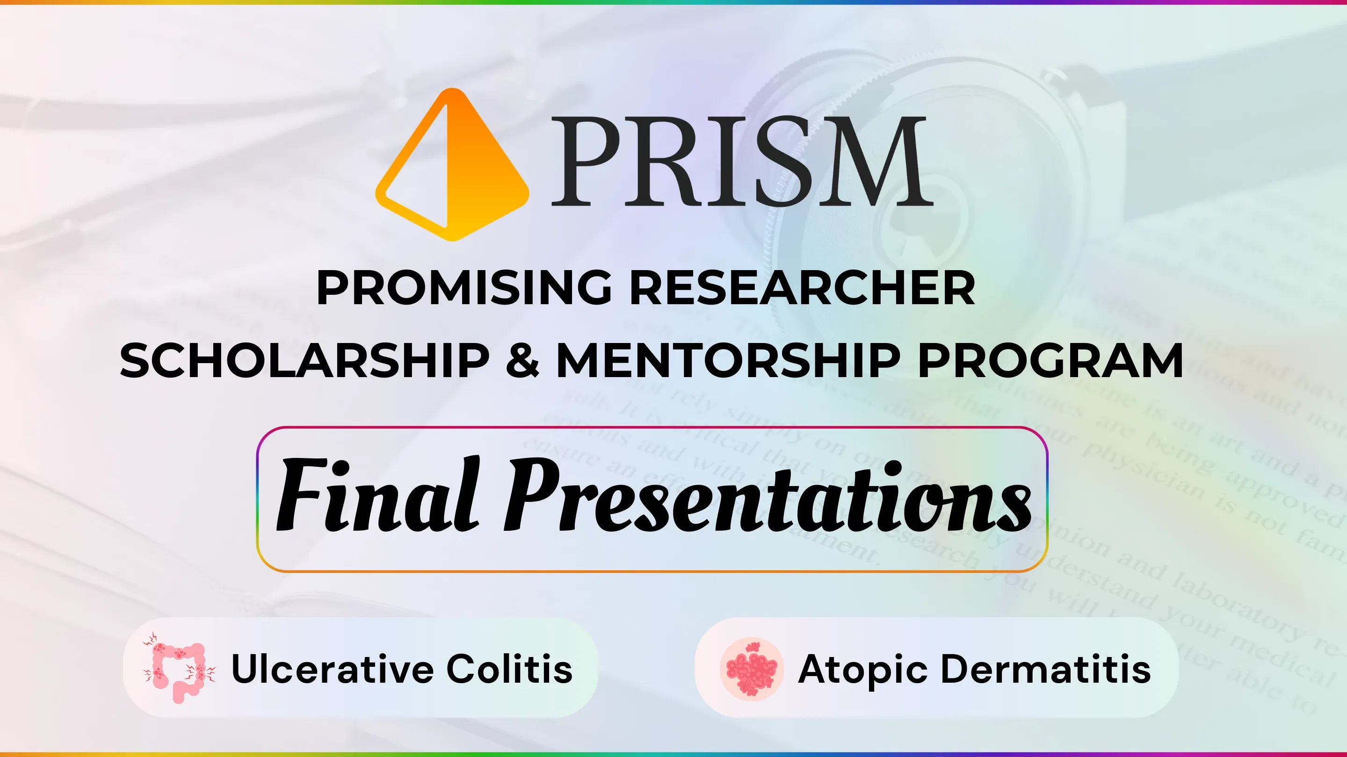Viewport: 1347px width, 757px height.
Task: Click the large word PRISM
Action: click(741, 161)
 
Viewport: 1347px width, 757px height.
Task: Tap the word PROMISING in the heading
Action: click(464, 288)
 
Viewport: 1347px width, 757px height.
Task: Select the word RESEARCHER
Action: click(802, 288)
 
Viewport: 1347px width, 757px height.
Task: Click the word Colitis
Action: click(509, 669)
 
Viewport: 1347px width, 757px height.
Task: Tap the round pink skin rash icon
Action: click(752, 669)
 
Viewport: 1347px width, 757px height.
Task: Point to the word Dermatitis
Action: click(1046, 669)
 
